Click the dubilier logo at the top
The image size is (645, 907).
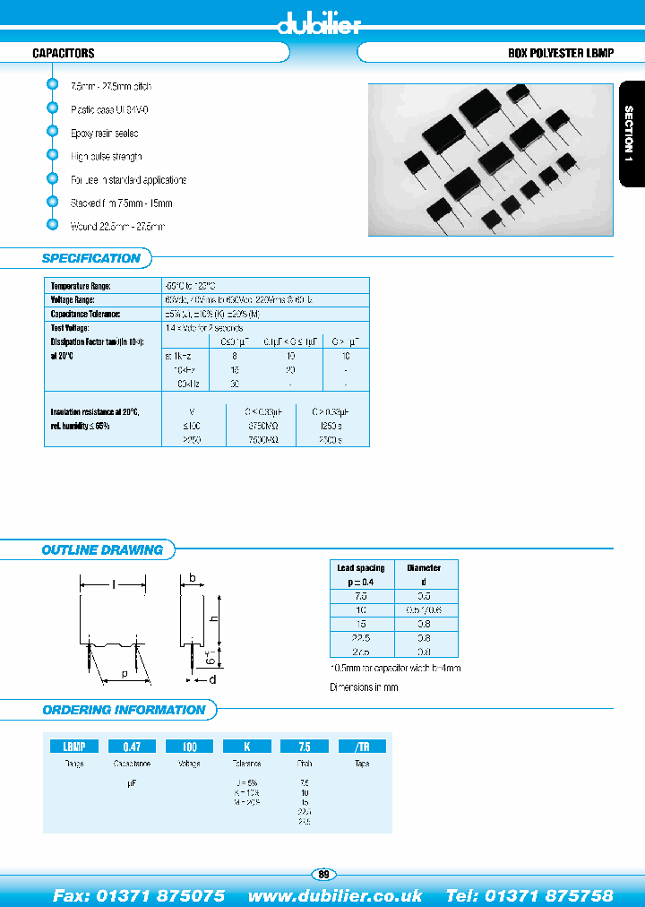(x=322, y=24)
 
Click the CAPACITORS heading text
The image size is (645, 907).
(x=64, y=54)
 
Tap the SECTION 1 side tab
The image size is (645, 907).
(x=630, y=134)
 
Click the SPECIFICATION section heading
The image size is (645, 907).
(x=91, y=258)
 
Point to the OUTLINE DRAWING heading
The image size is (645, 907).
(x=102, y=550)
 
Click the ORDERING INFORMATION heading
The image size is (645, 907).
(x=124, y=710)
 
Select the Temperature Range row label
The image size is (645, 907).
(x=81, y=285)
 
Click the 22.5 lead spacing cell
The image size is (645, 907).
(x=360, y=638)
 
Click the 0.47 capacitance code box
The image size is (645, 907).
(x=132, y=746)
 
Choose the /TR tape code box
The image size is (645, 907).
(x=361, y=746)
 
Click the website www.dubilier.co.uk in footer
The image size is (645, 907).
(x=335, y=895)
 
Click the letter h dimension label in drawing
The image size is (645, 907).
(x=214, y=618)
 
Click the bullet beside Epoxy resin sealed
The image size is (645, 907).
(x=52, y=132)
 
